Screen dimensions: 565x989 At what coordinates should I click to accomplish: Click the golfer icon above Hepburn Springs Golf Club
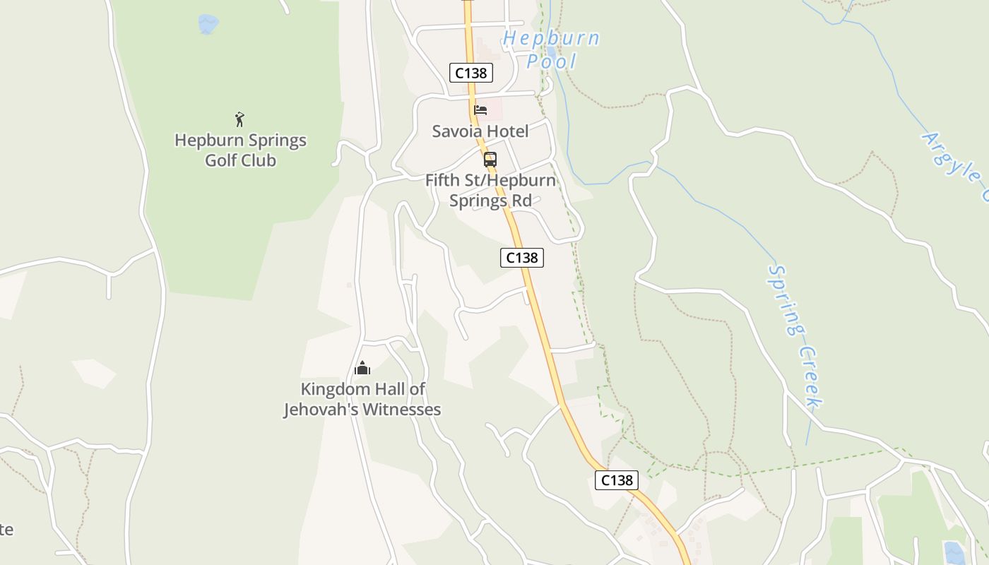click(x=239, y=119)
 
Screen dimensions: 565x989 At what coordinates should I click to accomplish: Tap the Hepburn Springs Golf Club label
click(x=240, y=150)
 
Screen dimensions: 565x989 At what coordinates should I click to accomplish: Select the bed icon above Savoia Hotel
click(x=480, y=109)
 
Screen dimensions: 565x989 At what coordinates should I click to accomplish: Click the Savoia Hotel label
click(x=480, y=131)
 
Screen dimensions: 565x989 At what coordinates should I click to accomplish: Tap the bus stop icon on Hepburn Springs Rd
click(x=490, y=159)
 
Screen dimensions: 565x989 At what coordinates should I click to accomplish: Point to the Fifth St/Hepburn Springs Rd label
click(x=490, y=190)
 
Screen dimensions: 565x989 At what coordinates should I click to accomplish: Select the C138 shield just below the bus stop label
click(x=522, y=258)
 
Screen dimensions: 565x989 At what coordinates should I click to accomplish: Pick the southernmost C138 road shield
click(x=617, y=480)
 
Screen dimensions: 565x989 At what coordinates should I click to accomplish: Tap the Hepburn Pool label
click(x=551, y=49)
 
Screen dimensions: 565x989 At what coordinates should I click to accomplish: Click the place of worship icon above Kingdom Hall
click(x=362, y=368)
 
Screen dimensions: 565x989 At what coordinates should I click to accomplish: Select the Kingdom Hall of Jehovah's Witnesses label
click(x=362, y=399)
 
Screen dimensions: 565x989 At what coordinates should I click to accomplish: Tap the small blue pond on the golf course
click(x=208, y=24)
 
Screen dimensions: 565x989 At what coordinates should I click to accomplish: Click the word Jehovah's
click(x=325, y=410)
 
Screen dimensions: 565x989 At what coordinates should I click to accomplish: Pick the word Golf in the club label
click(x=220, y=160)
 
